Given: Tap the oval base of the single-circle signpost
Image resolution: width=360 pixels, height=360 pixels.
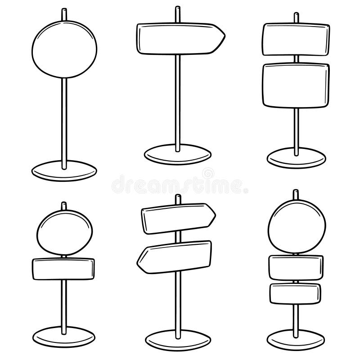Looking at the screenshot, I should (64, 171).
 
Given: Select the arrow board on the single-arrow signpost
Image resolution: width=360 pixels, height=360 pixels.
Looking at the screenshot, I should (179, 38).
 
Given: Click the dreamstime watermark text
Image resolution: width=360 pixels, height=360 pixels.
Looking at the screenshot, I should (180, 183).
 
